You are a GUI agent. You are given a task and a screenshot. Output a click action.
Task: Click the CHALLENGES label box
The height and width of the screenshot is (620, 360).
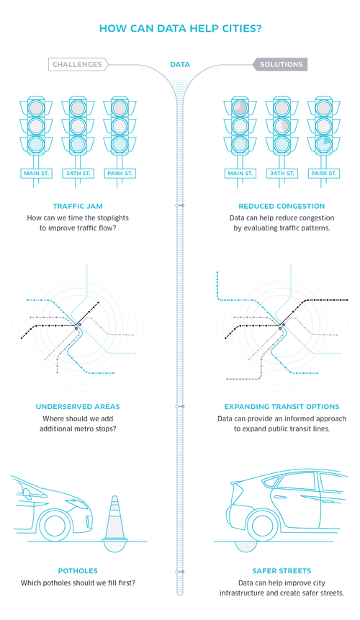(x=78, y=65)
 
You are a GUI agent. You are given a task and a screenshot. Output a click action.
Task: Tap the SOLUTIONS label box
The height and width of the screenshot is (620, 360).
(x=281, y=65)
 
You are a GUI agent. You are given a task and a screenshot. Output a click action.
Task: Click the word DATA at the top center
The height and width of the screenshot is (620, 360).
(x=180, y=65)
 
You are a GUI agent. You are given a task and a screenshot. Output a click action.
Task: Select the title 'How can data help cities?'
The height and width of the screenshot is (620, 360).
(x=180, y=29)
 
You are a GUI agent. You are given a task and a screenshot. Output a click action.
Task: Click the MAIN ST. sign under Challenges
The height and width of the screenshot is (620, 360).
(x=36, y=174)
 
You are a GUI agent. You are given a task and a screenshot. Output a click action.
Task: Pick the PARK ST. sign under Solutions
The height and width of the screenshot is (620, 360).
(x=324, y=174)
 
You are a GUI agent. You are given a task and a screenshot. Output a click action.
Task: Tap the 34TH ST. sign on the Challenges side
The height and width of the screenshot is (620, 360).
(x=78, y=174)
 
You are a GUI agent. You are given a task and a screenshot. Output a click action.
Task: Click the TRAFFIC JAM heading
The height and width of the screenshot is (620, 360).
(x=78, y=206)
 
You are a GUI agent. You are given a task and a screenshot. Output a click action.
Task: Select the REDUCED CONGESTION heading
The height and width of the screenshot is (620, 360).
(x=282, y=206)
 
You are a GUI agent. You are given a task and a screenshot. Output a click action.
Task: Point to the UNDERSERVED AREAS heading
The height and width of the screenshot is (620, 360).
(x=78, y=406)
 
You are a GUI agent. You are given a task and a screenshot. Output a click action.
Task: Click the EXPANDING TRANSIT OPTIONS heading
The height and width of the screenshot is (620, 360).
(x=282, y=406)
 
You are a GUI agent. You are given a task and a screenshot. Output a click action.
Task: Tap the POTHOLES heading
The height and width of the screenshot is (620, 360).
(x=78, y=570)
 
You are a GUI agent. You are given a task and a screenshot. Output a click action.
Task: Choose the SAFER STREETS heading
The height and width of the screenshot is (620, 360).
(x=282, y=570)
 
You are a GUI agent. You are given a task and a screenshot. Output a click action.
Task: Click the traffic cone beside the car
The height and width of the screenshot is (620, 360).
(x=114, y=518)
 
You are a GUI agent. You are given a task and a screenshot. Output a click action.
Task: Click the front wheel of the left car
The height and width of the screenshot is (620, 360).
(x=55, y=526)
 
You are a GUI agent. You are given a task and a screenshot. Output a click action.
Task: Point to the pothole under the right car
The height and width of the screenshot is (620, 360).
(x=246, y=546)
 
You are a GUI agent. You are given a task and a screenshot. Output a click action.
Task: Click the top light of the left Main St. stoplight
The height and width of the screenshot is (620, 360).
(x=36, y=107)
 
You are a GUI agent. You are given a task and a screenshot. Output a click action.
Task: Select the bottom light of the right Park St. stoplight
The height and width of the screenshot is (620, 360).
(x=324, y=144)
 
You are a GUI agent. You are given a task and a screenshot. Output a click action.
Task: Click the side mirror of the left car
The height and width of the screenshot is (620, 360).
(x=27, y=493)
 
